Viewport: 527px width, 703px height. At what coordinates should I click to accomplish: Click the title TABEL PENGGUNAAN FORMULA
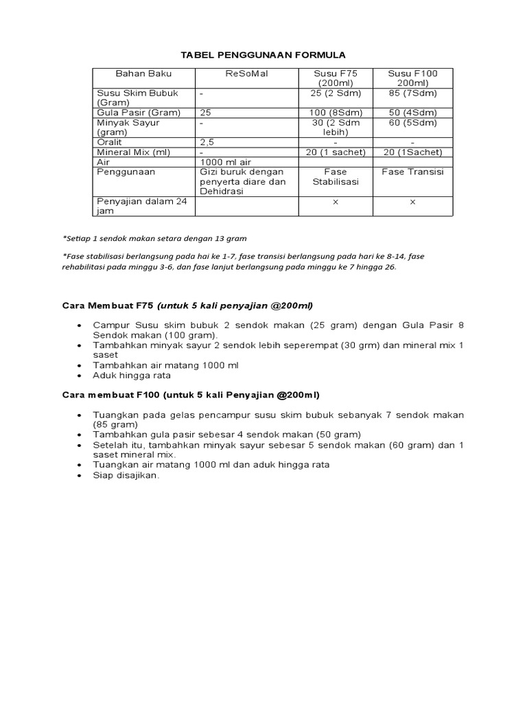(x=263, y=54)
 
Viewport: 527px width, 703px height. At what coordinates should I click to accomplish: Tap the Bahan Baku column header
(x=143, y=73)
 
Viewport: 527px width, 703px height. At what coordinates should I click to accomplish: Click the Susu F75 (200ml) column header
(x=336, y=78)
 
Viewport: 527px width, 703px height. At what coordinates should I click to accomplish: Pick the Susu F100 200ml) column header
(x=412, y=78)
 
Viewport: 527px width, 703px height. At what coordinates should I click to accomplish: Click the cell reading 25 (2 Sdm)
(x=336, y=93)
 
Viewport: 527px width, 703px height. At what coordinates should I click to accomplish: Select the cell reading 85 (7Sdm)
(x=412, y=93)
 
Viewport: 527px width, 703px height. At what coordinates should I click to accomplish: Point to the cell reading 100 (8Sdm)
(x=336, y=112)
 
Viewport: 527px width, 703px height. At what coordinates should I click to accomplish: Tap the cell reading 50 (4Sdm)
(x=412, y=112)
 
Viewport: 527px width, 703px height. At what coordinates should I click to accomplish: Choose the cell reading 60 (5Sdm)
(x=412, y=122)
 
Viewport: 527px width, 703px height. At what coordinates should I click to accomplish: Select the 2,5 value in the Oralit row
(x=207, y=141)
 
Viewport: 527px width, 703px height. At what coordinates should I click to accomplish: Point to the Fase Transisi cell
(x=412, y=172)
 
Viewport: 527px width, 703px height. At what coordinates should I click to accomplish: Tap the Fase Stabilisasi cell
(x=336, y=176)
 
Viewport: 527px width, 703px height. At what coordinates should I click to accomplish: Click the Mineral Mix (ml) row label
(x=134, y=152)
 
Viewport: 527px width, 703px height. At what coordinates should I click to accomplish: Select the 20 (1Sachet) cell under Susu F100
(x=412, y=152)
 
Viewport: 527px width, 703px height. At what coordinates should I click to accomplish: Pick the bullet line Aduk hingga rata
(x=132, y=376)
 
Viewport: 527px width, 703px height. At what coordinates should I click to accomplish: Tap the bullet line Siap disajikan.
(x=126, y=474)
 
